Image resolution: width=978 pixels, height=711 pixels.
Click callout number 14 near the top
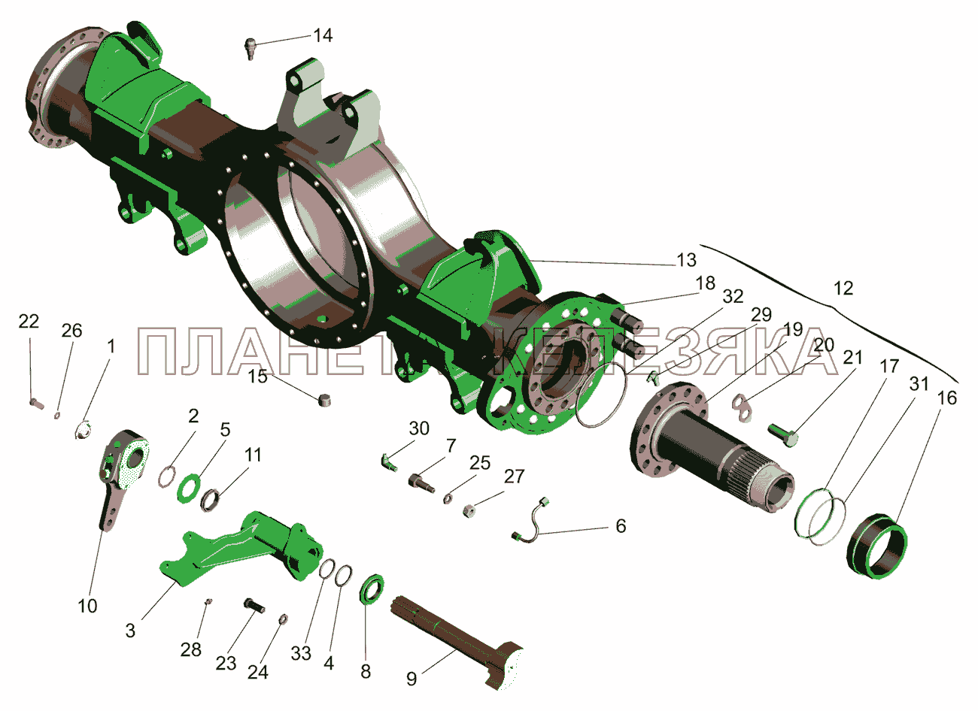point(323,36)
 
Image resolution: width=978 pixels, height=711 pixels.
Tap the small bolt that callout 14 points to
point(250,48)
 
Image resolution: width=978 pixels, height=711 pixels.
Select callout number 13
point(686,260)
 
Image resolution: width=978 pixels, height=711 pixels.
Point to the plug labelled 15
point(324,399)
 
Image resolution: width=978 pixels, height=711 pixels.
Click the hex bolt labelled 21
point(783,435)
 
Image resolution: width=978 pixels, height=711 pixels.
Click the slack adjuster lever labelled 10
point(122,477)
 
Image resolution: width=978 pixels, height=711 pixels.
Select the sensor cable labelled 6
point(530,522)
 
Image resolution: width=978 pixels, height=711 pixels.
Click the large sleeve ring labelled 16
point(877,546)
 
